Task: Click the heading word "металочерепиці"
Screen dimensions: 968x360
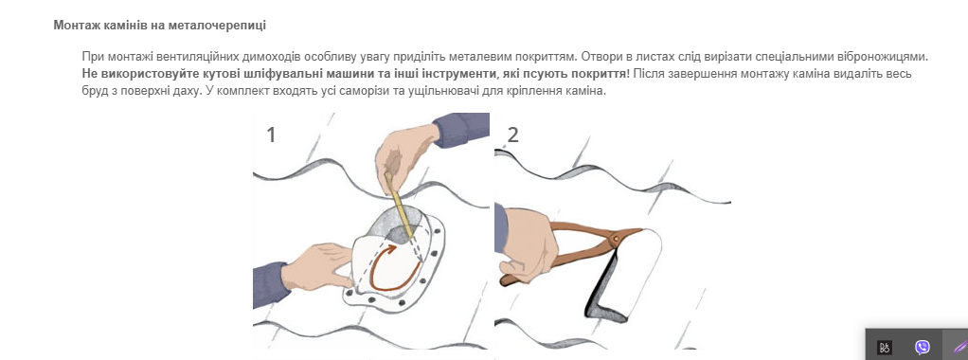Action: (231, 26)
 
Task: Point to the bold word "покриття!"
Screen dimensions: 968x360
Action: (602, 74)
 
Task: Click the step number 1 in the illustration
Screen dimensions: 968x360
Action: (270, 135)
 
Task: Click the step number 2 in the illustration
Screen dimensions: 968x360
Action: (512, 135)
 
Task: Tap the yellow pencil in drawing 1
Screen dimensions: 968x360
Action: (398, 203)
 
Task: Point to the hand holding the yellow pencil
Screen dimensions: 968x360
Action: (404, 154)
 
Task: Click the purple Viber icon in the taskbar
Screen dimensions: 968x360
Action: (923, 347)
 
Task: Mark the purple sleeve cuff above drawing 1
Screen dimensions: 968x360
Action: (461, 129)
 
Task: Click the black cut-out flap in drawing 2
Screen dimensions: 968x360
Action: (599, 290)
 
